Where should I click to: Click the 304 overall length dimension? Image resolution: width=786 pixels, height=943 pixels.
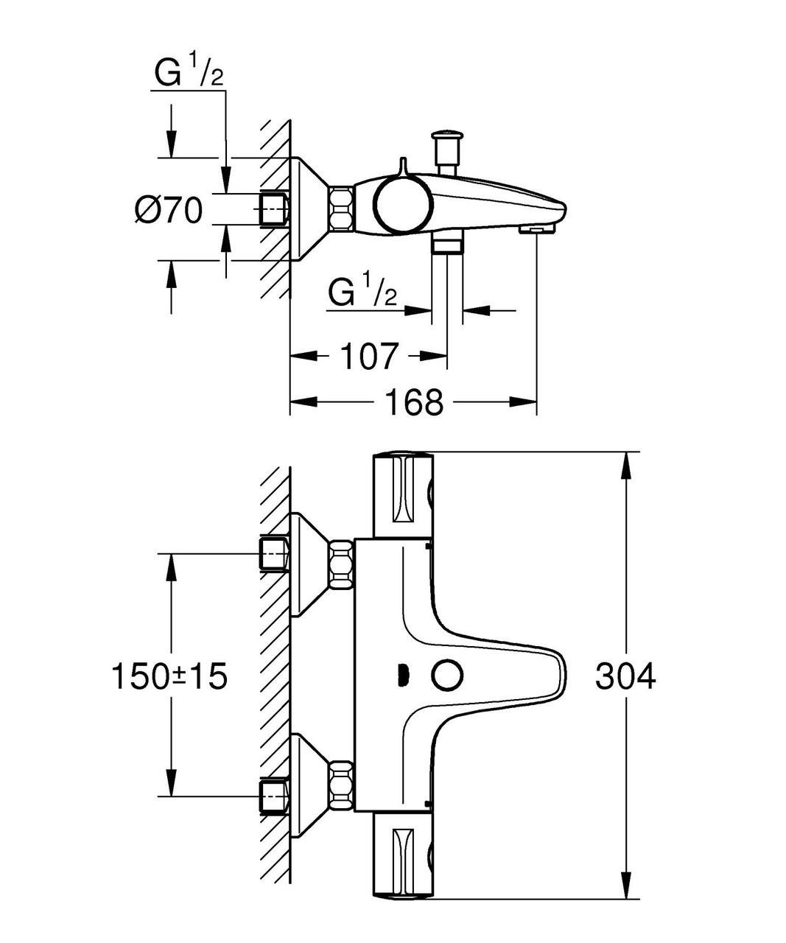[625, 676]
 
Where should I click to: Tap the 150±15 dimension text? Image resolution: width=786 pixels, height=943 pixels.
[169, 676]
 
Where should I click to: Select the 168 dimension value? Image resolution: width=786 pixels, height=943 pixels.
[413, 402]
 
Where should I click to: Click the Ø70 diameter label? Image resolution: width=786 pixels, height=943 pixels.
[168, 211]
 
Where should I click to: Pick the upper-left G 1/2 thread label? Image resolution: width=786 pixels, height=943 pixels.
[188, 74]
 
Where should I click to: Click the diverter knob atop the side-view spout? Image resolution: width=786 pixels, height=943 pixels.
[447, 147]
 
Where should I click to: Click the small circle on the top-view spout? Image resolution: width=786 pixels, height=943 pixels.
[448, 675]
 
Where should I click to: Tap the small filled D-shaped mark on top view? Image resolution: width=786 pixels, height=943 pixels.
[401, 675]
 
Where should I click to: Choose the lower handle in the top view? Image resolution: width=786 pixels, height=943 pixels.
[403, 856]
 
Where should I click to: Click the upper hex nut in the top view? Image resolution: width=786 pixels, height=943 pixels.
[341, 564]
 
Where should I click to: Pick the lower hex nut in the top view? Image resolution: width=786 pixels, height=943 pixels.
[341, 786]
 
